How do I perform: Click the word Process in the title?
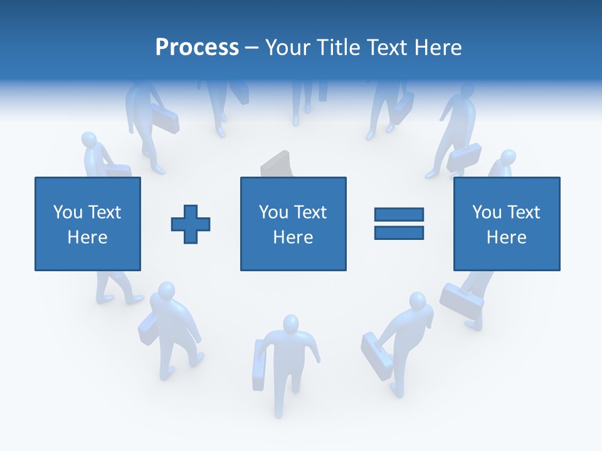pos(197,48)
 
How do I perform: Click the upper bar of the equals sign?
pos(399,214)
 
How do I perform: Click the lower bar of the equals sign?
pos(399,232)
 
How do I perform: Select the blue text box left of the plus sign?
pos(88,224)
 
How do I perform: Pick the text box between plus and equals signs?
pos(293,224)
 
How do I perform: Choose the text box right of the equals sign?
pos(506,224)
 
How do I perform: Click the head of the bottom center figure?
pos(290,324)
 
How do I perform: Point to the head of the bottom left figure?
pos(167,291)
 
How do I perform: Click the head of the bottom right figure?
pos(417,301)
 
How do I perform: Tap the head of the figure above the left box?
pos(90,140)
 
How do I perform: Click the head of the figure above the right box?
pos(507,157)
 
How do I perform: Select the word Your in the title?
pos(288,48)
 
